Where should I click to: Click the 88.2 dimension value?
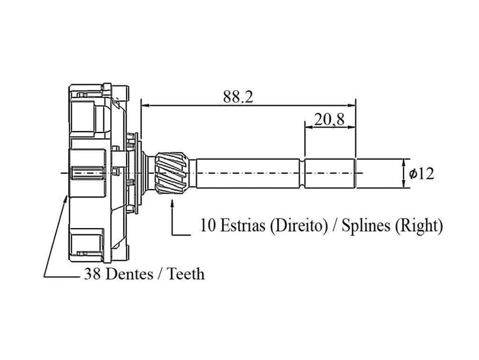point(238,96)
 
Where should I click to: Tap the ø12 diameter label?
point(421,173)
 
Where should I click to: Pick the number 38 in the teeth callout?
point(92,274)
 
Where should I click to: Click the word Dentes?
point(128,274)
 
